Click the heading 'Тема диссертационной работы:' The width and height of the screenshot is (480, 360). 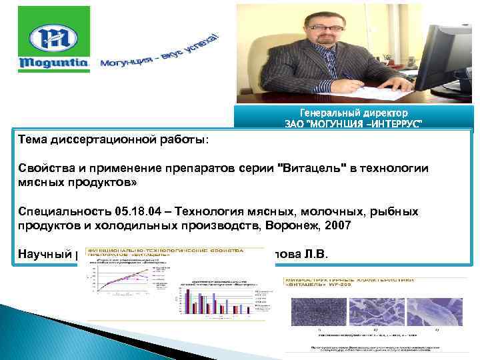113,140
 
